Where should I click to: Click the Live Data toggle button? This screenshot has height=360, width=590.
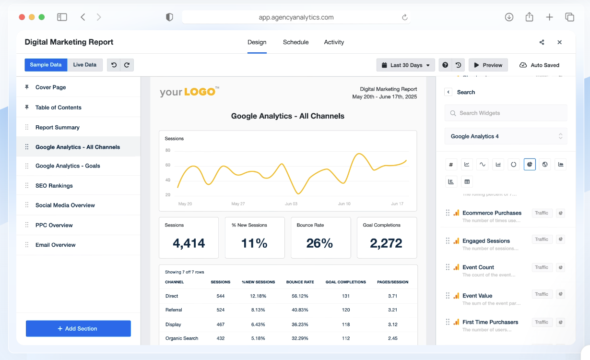(85, 65)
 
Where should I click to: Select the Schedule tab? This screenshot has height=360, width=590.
(295, 42)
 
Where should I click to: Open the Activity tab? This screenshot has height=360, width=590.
(334, 42)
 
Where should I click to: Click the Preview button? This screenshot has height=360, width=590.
(488, 65)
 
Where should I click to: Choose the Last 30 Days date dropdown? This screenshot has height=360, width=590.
(406, 65)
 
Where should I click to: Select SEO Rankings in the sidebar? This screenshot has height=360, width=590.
(54, 186)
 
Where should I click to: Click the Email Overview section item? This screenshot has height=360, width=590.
(56, 245)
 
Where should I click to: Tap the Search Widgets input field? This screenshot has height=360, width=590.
(506, 113)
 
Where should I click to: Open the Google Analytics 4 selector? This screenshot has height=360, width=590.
(506, 136)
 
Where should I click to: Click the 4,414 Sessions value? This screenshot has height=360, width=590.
(189, 243)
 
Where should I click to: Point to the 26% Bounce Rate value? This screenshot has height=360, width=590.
(319, 243)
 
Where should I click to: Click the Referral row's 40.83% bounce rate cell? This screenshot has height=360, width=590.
(300, 310)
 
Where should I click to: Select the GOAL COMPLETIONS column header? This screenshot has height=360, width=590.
(345, 282)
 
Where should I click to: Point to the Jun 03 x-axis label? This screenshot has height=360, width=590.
(291, 204)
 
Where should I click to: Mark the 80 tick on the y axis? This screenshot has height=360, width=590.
(168, 150)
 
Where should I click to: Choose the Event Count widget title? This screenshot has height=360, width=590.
(478, 267)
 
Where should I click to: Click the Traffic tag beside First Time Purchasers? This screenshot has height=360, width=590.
(542, 323)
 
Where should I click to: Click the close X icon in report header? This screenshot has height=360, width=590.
(559, 42)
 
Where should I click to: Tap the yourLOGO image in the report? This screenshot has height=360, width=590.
(189, 91)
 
